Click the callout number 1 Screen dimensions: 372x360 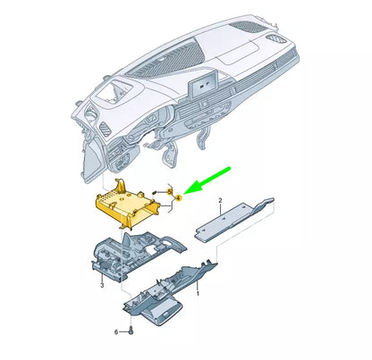198,294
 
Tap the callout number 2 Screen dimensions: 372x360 220,200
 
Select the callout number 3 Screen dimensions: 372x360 102,286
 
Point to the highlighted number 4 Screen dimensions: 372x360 178,197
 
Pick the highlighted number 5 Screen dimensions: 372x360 170,192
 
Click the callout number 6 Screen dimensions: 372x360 116,331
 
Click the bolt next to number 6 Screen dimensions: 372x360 131,331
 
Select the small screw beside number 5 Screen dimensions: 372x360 155,192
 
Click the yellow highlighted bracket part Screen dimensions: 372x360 128,205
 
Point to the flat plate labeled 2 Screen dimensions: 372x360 234,219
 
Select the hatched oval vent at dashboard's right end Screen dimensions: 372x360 276,39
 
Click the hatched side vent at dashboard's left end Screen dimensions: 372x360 105,130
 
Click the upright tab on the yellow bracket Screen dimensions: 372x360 120,185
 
